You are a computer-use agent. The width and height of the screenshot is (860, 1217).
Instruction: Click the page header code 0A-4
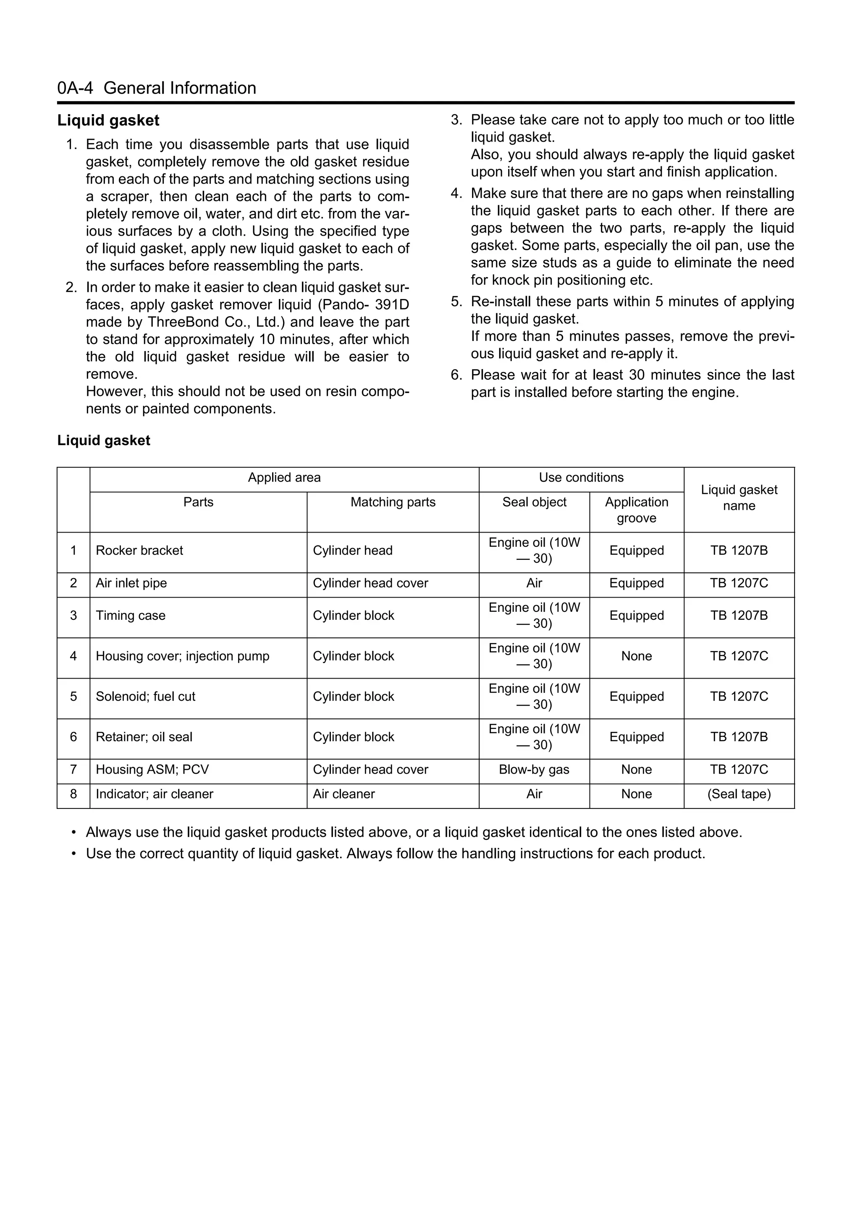75,88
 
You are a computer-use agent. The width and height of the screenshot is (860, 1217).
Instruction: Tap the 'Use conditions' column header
581,477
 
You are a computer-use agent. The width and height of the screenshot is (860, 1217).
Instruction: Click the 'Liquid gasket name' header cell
739,498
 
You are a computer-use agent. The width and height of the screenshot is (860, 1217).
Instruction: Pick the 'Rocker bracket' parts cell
139,551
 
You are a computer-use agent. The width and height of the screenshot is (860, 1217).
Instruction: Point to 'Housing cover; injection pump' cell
182,657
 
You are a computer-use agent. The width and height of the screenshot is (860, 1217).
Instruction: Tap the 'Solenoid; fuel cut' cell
145,697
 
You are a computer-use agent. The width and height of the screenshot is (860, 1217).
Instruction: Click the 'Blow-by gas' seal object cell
534,770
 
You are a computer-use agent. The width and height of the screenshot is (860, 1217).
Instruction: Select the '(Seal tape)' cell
739,795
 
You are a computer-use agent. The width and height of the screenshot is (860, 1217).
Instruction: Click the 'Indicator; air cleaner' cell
154,795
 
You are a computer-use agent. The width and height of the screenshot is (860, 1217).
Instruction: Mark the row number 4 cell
73,657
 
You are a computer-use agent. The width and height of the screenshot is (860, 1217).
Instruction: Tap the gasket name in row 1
739,551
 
